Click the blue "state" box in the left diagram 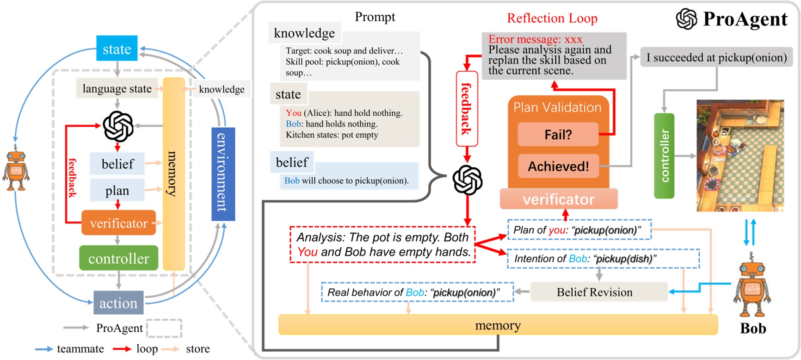point(117,48)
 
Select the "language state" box point(117,88)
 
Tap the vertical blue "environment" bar point(223,174)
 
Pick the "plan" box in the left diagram point(117,190)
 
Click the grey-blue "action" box point(118,303)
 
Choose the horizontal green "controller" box point(118,258)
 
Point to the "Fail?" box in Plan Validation point(558,135)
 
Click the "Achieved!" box point(558,166)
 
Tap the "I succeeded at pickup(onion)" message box point(716,57)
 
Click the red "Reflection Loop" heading point(552,18)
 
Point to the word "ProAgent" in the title point(745,19)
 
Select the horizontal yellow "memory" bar point(498,325)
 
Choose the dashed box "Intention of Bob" point(604,259)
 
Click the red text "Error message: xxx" point(535,39)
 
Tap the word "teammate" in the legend point(80,349)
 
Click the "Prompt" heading point(375,17)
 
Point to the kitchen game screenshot point(740,155)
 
